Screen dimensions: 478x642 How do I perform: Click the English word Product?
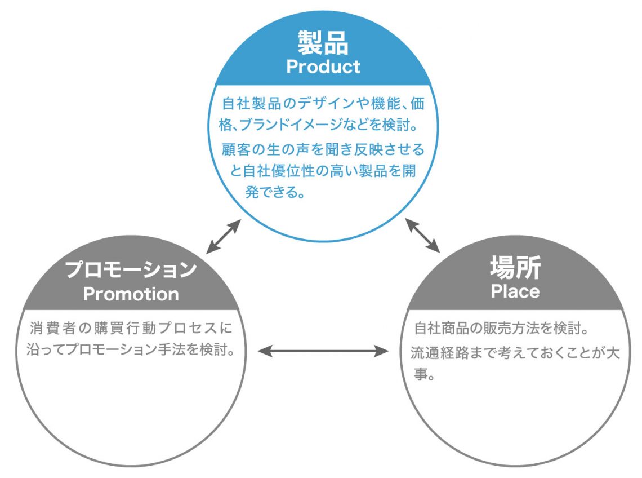click(x=323, y=67)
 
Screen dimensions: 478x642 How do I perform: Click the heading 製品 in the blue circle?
click(x=323, y=42)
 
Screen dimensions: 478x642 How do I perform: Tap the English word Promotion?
click(x=131, y=294)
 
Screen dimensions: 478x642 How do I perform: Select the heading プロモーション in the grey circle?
click(x=131, y=269)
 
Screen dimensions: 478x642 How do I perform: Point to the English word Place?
click(x=515, y=291)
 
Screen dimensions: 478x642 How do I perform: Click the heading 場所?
click(x=515, y=267)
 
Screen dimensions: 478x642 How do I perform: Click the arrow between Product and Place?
click(x=423, y=236)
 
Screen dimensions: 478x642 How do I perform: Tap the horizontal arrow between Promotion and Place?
click(x=323, y=352)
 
